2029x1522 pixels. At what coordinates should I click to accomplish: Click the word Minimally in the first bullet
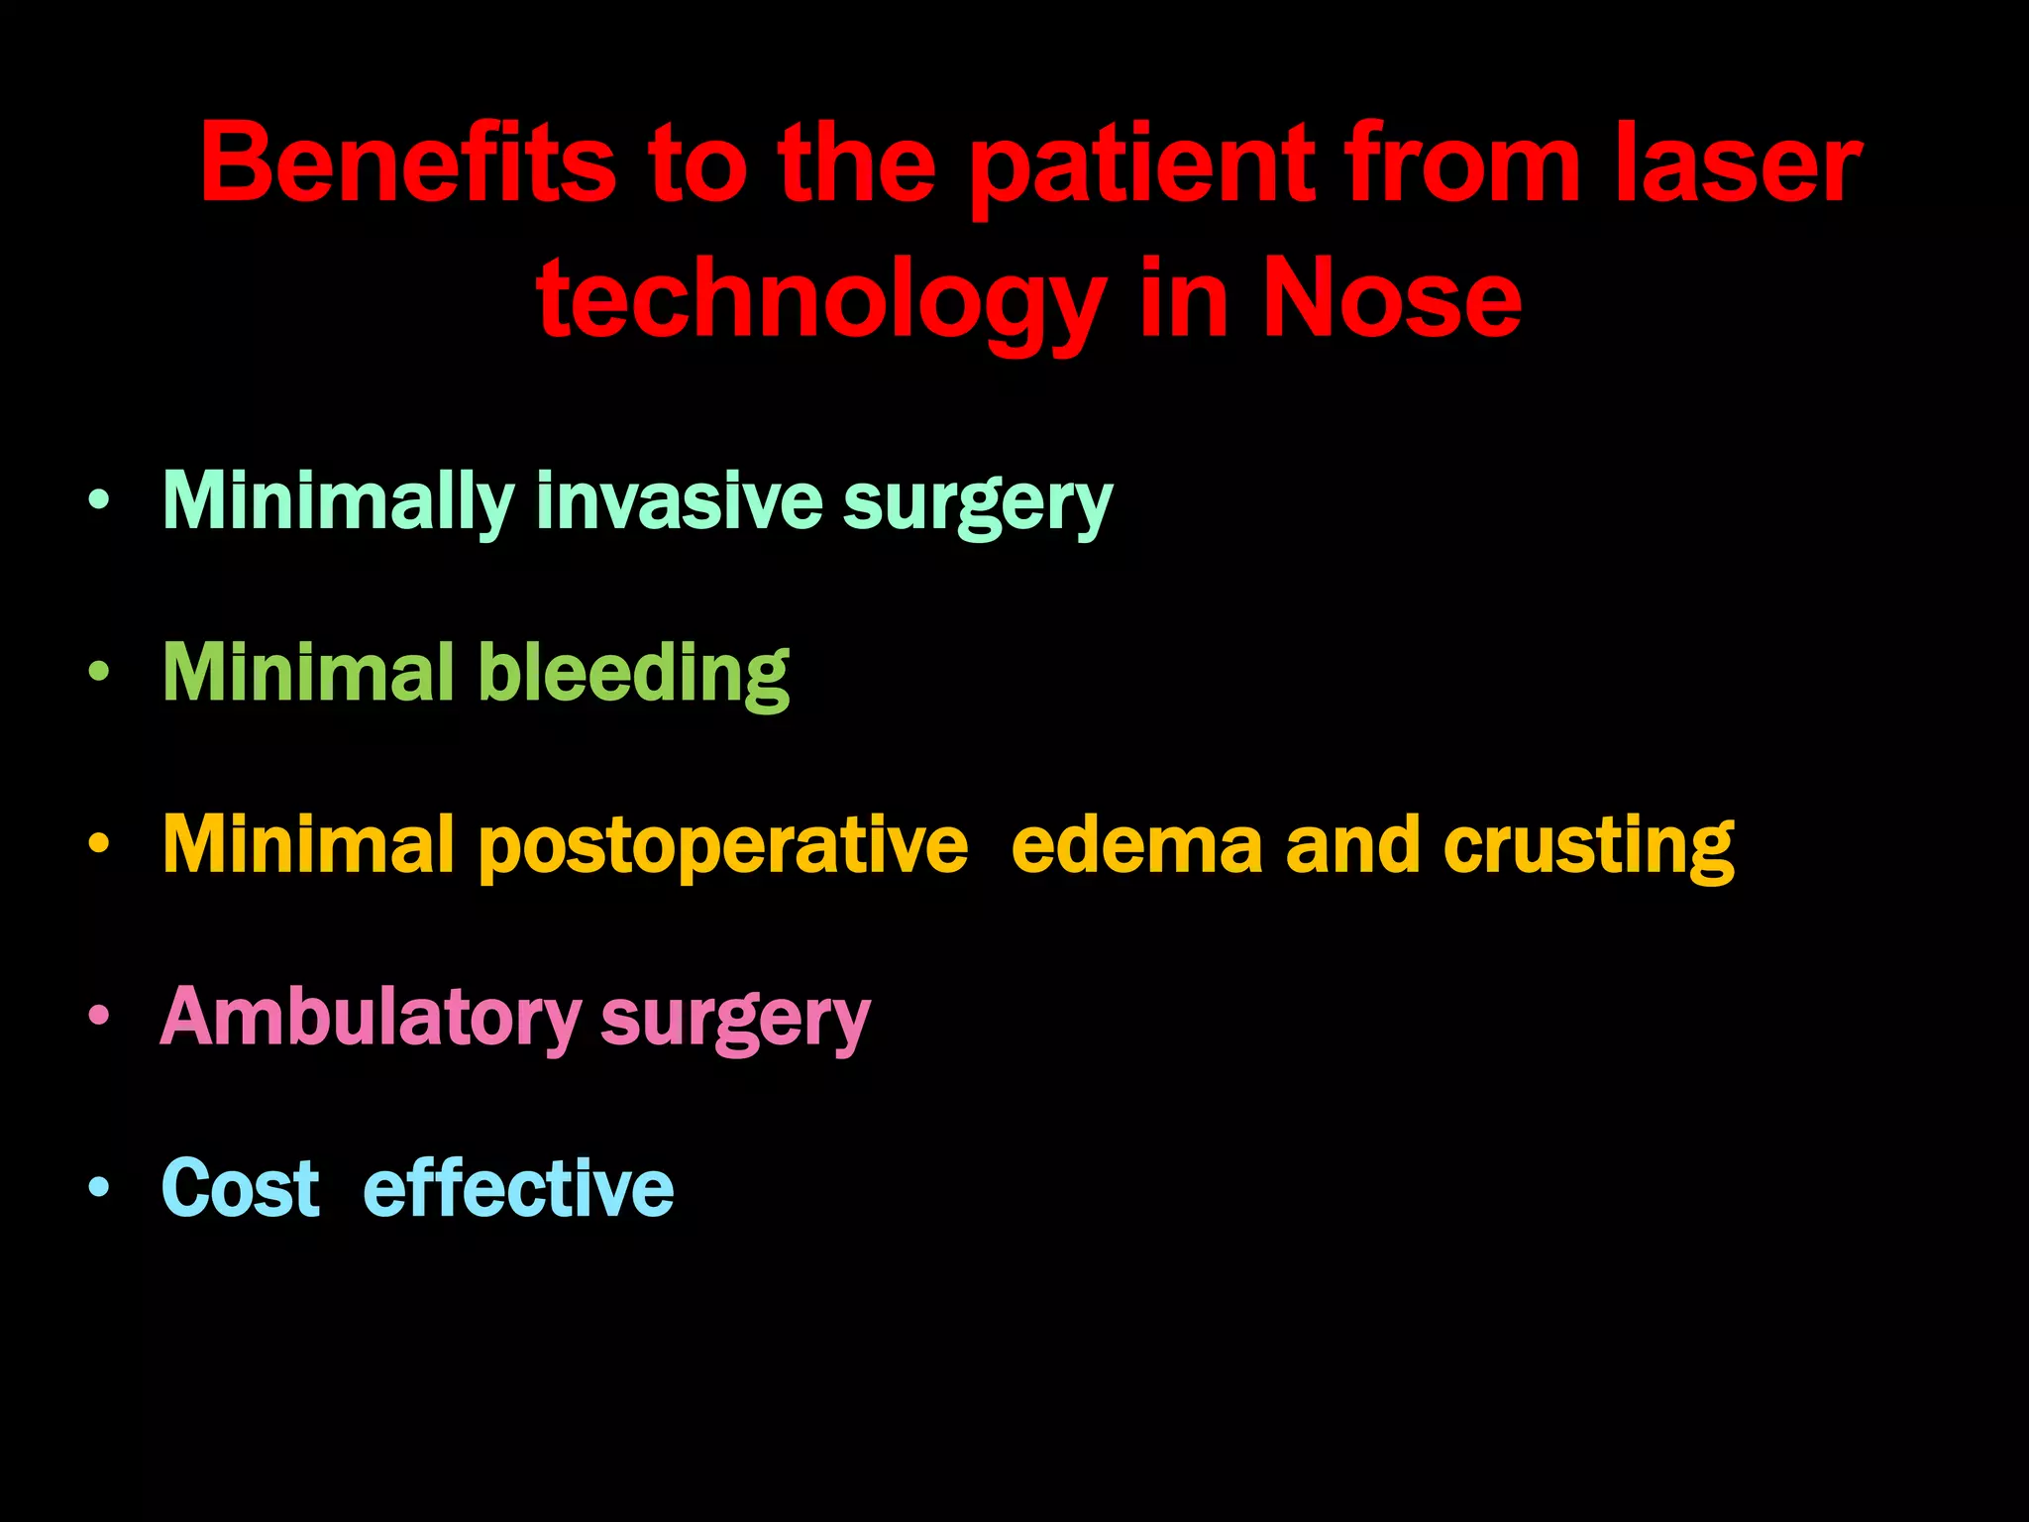pyautogui.click(x=338, y=501)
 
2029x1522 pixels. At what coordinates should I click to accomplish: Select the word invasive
pyautogui.click(x=679, y=501)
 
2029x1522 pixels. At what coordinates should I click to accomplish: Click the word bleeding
pyautogui.click(x=634, y=674)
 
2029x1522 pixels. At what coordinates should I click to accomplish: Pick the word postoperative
pyautogui.click(x=723, y=847)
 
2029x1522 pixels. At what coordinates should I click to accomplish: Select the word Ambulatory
pyautogui.click(x=371, y=1018)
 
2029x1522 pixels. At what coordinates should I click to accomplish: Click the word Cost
pyautogui.click(x=241, y=1188)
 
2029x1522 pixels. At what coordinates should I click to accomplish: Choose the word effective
pyautogui.click(x=518, y=1188)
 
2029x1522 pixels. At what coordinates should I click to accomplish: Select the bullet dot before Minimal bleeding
pyautogui.click(x=98, y=672)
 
